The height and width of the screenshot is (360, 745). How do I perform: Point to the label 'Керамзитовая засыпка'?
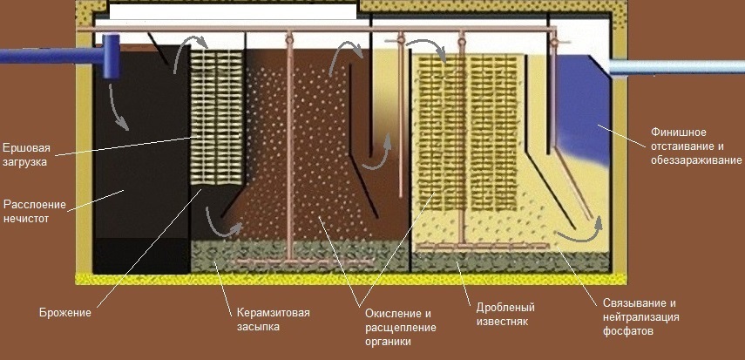(272, 319)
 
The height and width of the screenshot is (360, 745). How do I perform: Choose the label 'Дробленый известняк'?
(505, 314)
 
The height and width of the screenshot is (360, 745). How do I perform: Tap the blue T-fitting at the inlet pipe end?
(112, 57)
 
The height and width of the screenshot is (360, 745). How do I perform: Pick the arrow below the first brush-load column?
(222, 223)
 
